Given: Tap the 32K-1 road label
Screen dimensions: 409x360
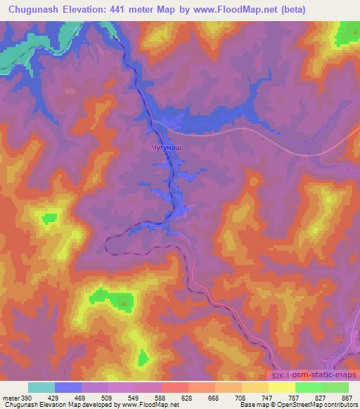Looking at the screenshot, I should click(x=278, y=378).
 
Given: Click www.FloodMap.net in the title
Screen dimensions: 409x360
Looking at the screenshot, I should click(x=245, y=8).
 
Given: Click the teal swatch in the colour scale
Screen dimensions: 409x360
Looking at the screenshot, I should click(x=41, y=387).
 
